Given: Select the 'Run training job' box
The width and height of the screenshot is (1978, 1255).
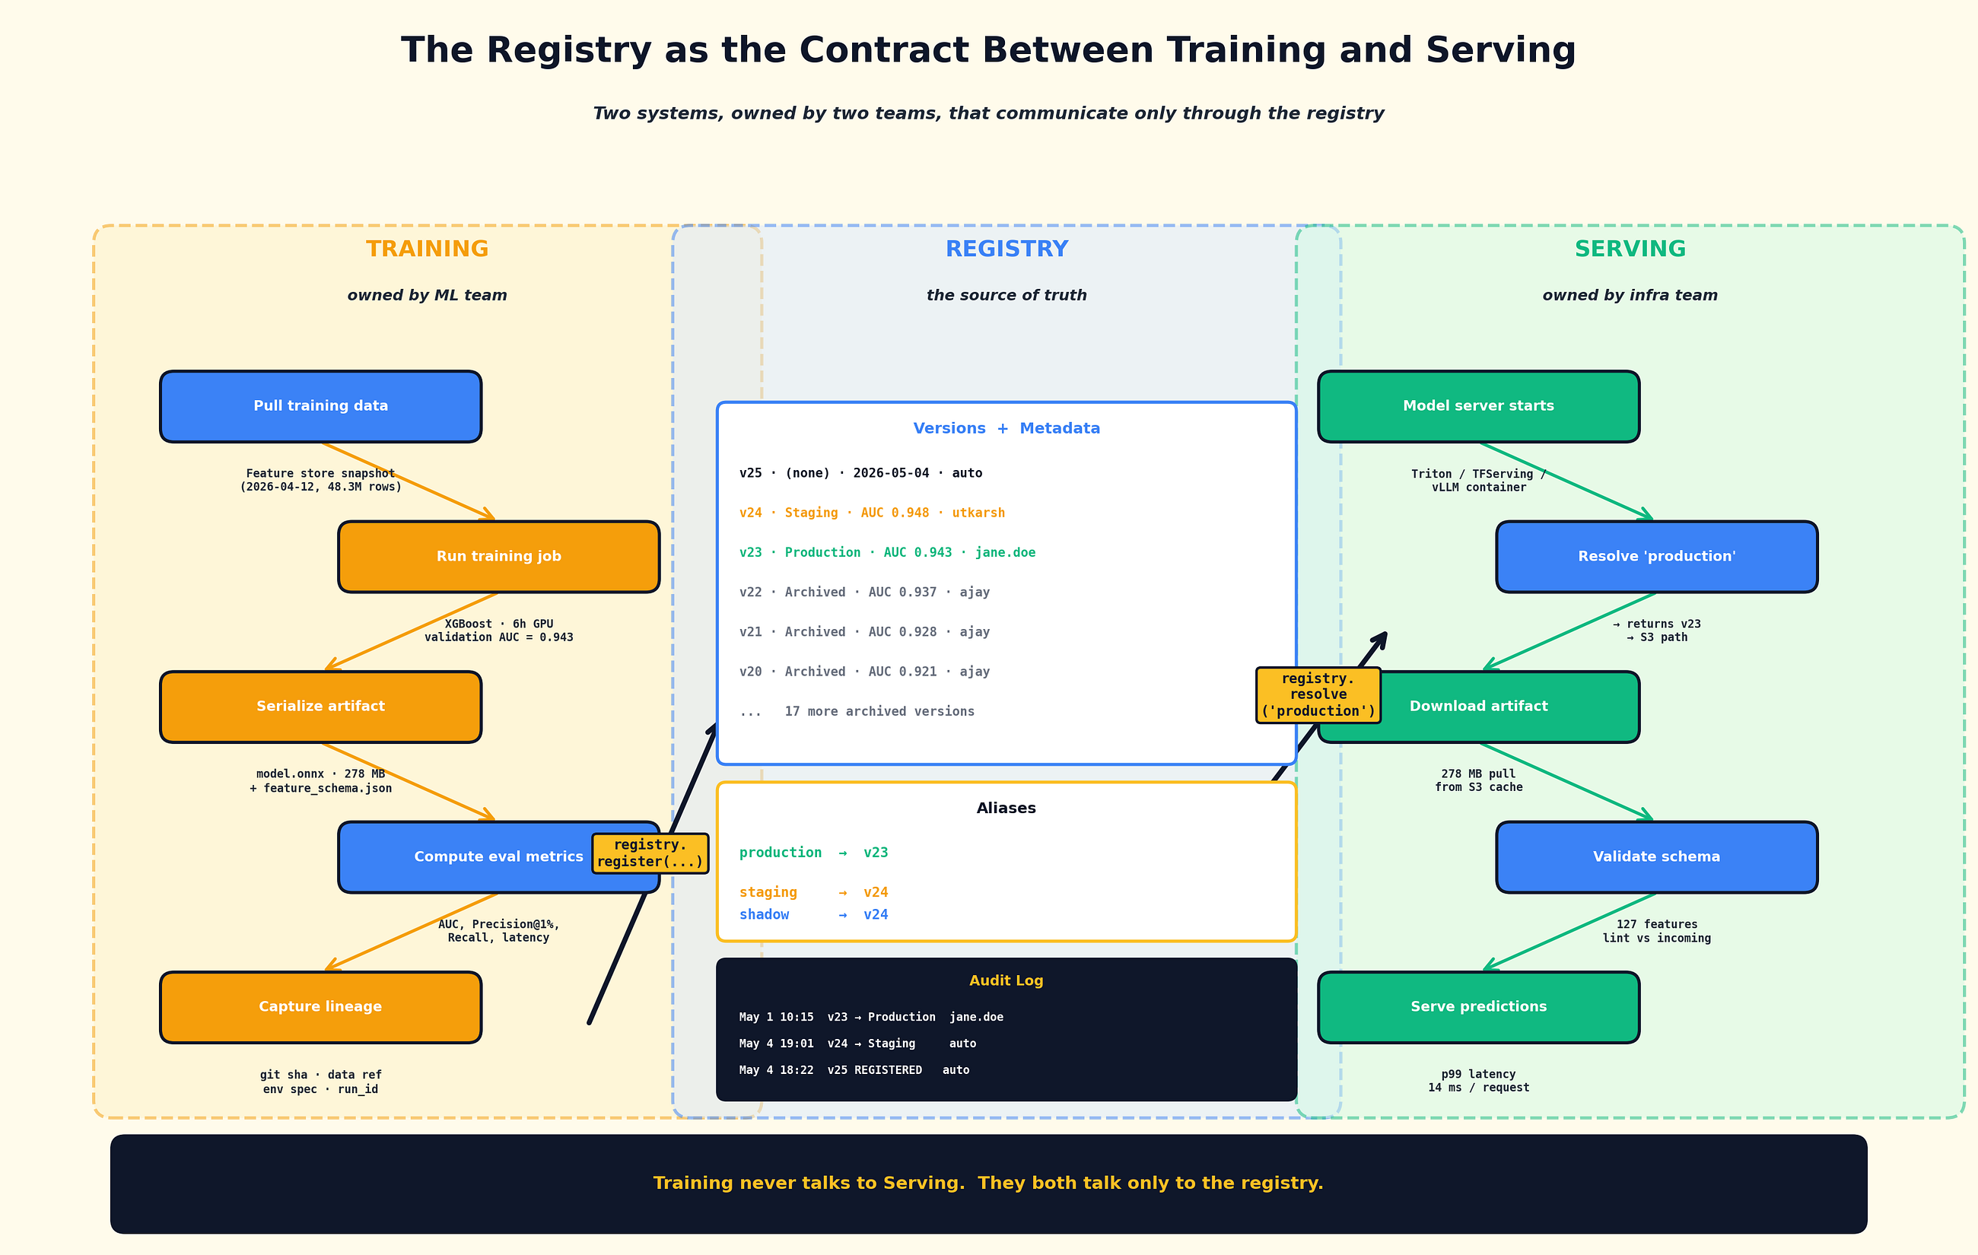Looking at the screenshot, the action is (498, 557).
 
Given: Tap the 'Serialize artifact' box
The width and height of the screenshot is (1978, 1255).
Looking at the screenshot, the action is (320, 707).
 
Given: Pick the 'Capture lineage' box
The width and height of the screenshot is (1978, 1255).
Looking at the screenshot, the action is (320, 1008).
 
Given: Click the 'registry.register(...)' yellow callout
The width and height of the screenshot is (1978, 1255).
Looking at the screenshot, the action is (650, 853).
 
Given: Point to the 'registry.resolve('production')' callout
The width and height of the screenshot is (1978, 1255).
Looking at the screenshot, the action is (1318, 695).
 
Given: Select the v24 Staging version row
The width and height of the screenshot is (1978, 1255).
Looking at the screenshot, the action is (872, 513).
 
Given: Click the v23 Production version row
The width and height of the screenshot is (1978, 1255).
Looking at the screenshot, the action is (887, 553).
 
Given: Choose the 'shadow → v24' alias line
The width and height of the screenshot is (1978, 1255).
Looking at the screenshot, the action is (813, 915).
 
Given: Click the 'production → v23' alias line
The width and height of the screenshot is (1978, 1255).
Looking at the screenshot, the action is (813, 853).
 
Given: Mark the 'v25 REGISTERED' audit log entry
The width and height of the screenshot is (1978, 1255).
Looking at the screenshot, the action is (854, 1070).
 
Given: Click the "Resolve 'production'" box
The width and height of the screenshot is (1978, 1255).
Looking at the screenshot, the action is (1657, 557).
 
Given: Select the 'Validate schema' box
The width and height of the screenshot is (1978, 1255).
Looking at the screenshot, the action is (1657, 857).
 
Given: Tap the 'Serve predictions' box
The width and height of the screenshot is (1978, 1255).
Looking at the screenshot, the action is (1479, 1008).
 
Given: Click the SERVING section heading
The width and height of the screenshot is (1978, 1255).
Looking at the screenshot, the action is (1630, 249).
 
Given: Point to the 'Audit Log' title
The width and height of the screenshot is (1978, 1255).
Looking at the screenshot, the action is (1006, 980).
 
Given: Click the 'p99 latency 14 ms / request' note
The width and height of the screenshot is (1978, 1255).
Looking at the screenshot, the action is (1479, 1081).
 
